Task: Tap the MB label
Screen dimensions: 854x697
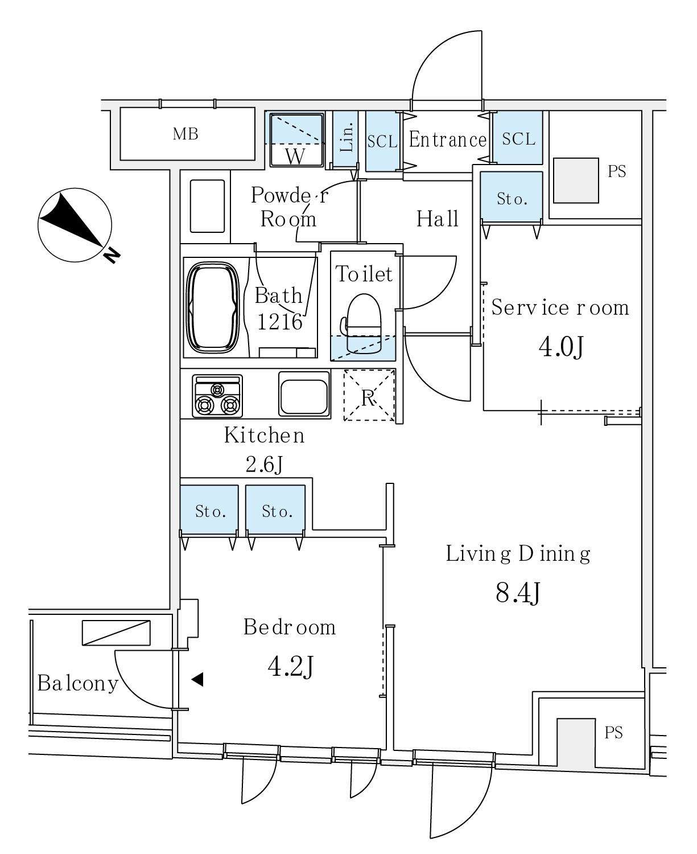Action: click(186, 134)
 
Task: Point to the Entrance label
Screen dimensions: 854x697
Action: click(448, 140)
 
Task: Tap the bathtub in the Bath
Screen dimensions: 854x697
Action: click(212, 308)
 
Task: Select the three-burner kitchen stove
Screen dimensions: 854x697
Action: click(217, 396)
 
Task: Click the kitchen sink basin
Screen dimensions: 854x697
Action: click(304, 393)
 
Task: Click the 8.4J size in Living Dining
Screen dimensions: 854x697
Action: click(517, 593)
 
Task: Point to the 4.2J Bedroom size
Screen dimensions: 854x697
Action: click(290, 667)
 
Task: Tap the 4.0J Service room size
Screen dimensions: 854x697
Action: click(561, 347)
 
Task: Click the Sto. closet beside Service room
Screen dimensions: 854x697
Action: click(510, 198)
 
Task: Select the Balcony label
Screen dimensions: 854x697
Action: click(77, 683)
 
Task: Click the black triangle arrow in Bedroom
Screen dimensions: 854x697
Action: click(197, 679)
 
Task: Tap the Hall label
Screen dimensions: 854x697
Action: click(437, 219)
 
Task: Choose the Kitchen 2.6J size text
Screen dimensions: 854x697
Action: click(264, 465)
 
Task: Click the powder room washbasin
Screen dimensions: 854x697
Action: click(207, 206)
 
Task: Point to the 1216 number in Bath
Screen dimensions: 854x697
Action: click(279, 322)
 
